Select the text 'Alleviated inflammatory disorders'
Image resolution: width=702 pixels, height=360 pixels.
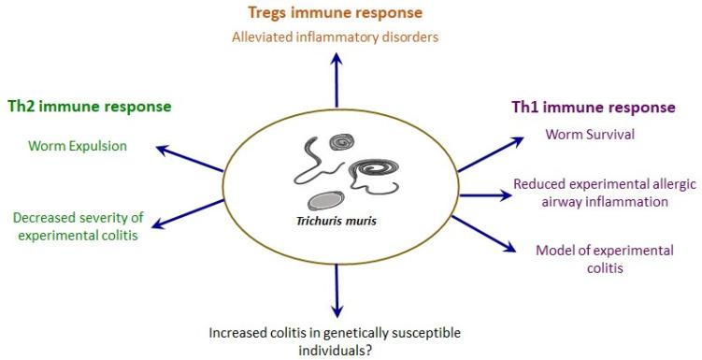coord(334,37)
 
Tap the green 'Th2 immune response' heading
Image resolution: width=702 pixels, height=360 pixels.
coord(89,106)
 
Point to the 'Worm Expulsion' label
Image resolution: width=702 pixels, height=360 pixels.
coord(77,146)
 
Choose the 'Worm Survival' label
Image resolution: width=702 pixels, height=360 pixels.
coord(590,134)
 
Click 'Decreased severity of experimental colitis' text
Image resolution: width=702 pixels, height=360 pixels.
coord(76,227)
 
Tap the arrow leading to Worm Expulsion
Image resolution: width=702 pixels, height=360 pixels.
coord(191,159)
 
